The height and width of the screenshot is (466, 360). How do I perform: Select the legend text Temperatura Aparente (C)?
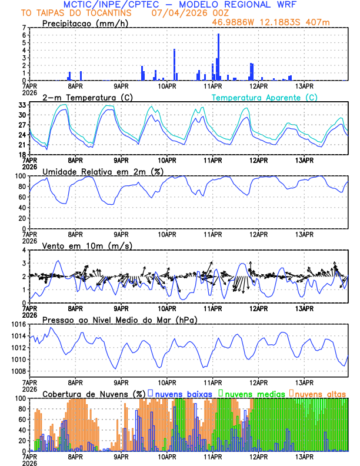(x=264, y=97)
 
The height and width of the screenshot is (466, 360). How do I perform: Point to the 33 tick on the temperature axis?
(x=24, y=105)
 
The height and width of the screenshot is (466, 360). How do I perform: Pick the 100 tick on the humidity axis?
(x=22, y=175)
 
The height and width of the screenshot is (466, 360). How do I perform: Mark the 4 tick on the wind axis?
(x=26, y=250)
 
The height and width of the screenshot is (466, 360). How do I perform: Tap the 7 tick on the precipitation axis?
(x=26, y=28)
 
